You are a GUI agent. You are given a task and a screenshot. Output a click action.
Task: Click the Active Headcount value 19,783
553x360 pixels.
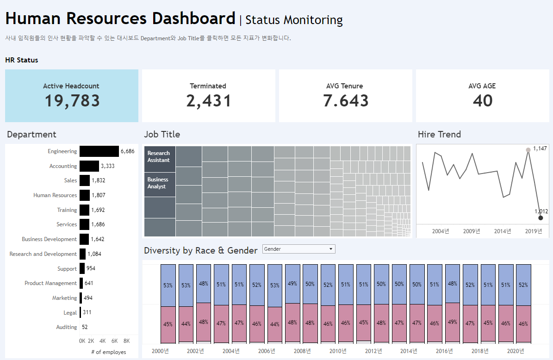point(72,101)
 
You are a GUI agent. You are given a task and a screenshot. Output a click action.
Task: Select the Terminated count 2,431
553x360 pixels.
point(208,101)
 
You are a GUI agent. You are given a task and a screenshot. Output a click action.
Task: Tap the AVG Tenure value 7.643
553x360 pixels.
point(346,101)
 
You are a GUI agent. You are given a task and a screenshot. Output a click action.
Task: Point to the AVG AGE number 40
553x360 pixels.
point(483,101)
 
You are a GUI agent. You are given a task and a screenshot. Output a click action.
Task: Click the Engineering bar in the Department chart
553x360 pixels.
point(99,151)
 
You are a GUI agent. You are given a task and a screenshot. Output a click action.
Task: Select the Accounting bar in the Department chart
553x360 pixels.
point(89,166)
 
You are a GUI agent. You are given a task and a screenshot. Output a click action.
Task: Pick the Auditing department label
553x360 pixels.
point(66,327)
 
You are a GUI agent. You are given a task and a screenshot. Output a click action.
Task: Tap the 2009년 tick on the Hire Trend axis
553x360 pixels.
point(472,231)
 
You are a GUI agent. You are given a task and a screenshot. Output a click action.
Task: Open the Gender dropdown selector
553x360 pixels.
point(298,249)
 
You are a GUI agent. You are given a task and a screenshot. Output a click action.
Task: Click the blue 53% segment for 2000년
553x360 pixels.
point(168,286)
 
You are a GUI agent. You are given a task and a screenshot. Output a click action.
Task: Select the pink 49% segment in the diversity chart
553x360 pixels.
point(453,322)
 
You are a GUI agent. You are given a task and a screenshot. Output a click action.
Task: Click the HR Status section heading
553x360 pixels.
point(22,60)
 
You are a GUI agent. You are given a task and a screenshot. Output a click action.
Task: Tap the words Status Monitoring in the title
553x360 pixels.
point(294,20)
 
